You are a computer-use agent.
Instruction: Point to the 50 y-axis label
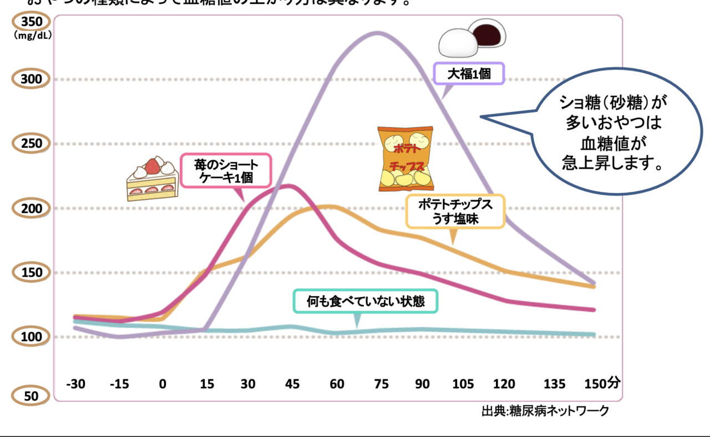coord(32,396)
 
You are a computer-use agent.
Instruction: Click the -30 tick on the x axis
coord(75,384)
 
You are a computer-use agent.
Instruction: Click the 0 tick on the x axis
coord(162,384)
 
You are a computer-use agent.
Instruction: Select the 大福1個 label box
coord(469,73)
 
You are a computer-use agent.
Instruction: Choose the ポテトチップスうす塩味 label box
coord(455,211)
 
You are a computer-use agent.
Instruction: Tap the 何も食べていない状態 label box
coord(366,302)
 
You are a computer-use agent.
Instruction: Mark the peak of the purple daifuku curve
coord(378,33)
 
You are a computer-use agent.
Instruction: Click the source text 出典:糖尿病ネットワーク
coord(545,411)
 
